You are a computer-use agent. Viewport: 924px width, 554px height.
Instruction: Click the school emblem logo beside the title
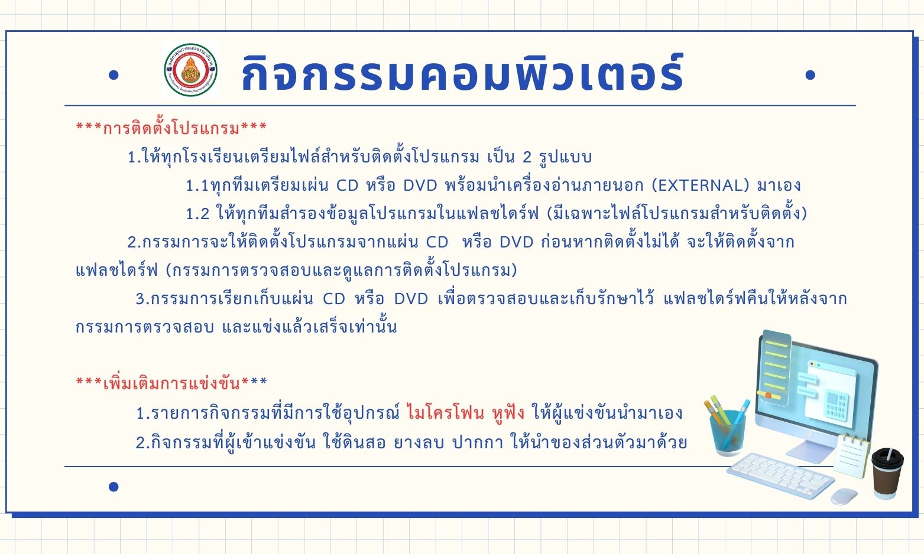pos(190,70)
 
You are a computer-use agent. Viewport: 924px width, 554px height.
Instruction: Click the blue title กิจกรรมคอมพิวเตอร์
pos(462,73)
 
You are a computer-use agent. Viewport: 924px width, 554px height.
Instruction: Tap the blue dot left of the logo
pos(114,76)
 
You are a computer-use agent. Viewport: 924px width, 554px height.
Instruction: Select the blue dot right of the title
pos(810,75)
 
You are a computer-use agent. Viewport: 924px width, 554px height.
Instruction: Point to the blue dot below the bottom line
pos(114,487)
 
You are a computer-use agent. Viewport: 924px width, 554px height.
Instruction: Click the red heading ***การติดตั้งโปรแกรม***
pos(171,128)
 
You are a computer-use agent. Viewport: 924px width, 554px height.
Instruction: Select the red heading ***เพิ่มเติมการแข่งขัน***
pos(171,383)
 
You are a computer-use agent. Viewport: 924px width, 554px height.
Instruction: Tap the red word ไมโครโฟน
pos(446,413)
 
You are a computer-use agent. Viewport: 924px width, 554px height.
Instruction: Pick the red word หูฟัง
pos(508,413)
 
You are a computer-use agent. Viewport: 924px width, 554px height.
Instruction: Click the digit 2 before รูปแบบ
pos(527,157)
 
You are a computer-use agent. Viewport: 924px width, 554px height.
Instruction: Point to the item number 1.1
pos(197,185)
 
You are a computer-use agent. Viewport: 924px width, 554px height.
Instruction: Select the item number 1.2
pos(197,214)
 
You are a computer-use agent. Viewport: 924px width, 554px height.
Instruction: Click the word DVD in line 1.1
pos(420,185)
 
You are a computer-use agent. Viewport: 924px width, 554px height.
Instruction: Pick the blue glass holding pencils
pos(728,433)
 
